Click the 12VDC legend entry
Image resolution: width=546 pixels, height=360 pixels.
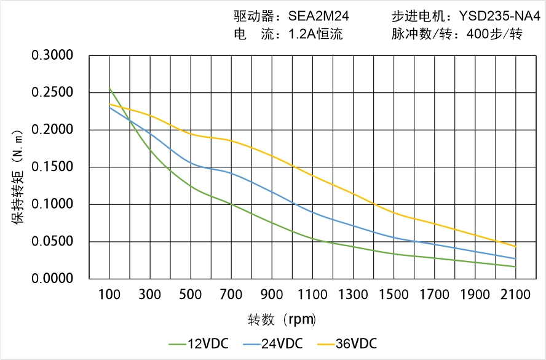point(199,343)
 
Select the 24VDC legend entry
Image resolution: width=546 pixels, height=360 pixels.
point(273,343)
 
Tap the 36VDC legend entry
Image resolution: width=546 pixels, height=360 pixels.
point(347,343)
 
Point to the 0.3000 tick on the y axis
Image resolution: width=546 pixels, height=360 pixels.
point(52,56)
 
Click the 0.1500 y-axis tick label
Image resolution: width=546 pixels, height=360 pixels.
point(52,167)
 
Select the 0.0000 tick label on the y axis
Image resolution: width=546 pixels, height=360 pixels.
point(52,279)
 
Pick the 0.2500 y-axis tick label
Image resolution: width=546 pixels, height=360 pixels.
point(52,93)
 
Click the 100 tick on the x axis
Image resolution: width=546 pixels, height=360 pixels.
point(109,295)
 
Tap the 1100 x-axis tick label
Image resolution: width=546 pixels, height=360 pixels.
point(312,295)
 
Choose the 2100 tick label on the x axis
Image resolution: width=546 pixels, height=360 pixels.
point(515,295)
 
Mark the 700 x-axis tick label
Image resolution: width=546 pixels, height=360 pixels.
point(231,295)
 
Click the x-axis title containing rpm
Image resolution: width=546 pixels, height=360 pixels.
point(282,319)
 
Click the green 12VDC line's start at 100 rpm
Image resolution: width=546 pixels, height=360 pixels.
point(110,89)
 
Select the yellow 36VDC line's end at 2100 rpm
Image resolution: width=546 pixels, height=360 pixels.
point(515,246)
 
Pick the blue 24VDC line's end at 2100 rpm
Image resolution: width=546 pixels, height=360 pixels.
point(515,258)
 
